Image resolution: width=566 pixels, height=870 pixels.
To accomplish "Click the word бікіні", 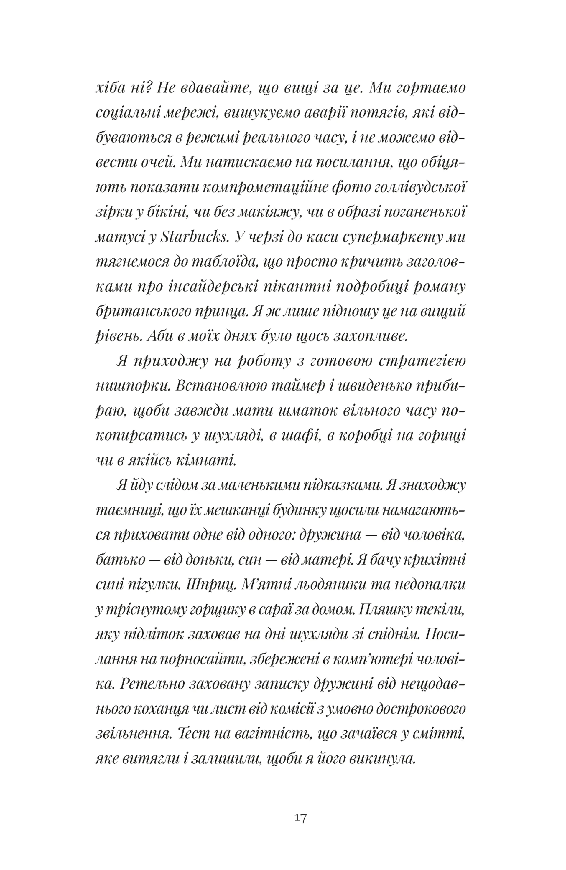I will [x=168, y=212].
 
